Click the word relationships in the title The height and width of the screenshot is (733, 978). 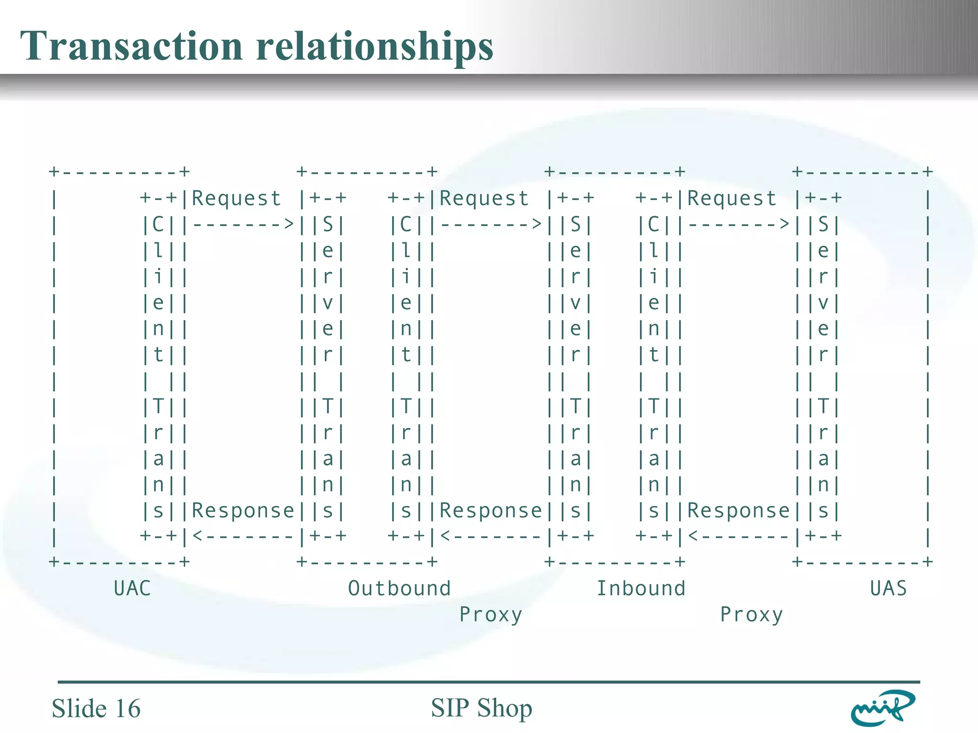tap(374, 47)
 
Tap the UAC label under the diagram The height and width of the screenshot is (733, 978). tap(132, 588)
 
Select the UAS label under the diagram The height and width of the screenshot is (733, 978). tap(888, 588)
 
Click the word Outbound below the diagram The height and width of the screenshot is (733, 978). tap(399, 588)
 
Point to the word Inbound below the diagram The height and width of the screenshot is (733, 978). tap(641, 588)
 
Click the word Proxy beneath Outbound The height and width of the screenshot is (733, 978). tap(490, 615)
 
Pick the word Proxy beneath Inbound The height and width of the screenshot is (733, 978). tap(751, 615)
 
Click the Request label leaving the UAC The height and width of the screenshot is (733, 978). tap(236, 199)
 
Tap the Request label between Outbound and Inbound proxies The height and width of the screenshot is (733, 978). tap(484, 199)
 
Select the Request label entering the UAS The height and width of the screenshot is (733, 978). tap(732, 199)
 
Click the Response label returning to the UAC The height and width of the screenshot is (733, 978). tap(243, 511)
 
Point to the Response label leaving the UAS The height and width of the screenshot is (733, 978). tap(738, 511)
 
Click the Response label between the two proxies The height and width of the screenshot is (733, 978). tap(490, 511)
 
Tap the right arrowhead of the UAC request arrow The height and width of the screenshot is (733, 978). tap(288, 223)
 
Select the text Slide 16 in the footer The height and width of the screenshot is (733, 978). tap(96, 708)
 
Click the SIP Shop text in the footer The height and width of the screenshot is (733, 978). tap(481, 708)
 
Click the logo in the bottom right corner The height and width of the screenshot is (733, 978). tap(882, 708)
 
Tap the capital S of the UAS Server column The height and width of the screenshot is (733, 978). tap(823, 224)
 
